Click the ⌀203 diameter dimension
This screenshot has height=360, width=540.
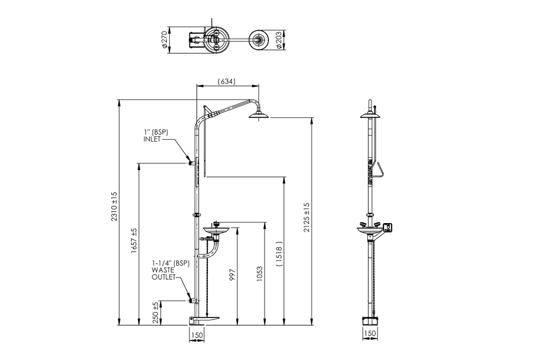tap(279, 40)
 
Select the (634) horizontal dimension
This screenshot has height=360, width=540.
tap(226, 82)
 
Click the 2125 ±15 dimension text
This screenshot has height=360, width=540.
tap(307, 217)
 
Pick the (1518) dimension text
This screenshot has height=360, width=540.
tap(279, 253)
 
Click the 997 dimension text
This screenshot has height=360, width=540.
tap(232, 275)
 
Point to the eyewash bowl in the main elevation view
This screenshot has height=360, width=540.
tap(215, 231)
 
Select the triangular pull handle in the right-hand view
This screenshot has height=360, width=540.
tap(380, 170)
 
